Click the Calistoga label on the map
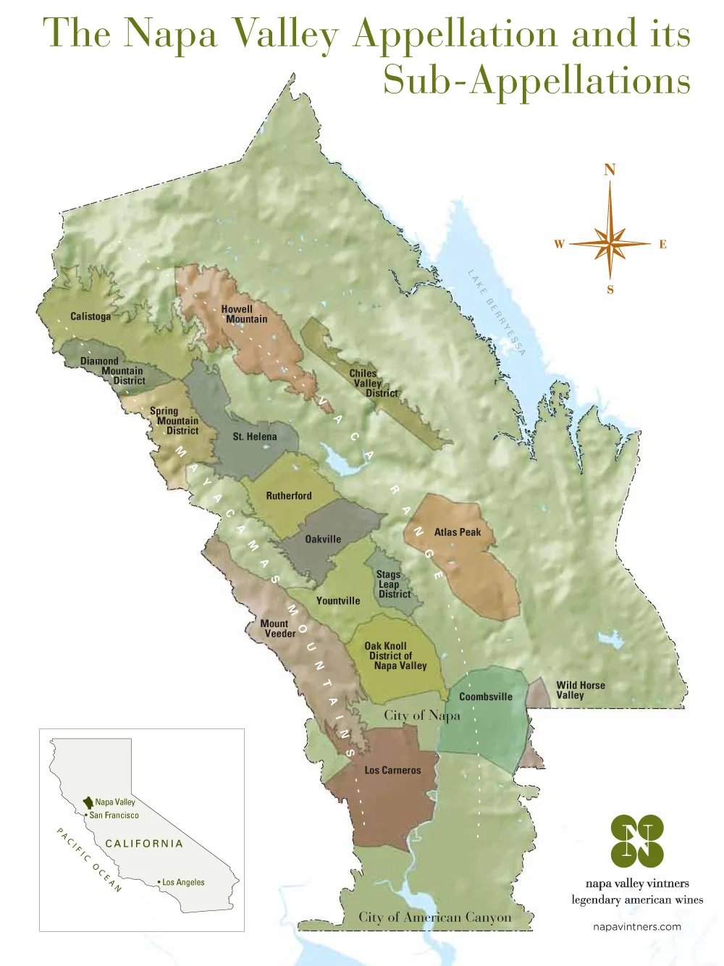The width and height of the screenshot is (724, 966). (90, 316)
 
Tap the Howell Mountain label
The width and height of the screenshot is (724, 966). (243, 314)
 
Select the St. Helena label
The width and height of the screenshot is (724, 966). (254, 437)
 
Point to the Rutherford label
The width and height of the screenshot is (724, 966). (288, 496)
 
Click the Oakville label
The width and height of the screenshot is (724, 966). (323, 539)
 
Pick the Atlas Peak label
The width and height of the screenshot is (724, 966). (457, 532)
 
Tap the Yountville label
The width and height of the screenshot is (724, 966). (337, 601)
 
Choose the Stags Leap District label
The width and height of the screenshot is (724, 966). (393, 584)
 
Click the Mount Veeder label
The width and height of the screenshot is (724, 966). (277, 629)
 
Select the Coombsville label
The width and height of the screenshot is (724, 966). (485, 697)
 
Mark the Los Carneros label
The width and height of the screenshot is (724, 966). (392, 770)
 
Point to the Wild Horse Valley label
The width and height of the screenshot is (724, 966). (579, 690)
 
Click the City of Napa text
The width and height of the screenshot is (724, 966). (421, 715)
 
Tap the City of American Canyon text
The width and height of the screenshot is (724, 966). (434, 917)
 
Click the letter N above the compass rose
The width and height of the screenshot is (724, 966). (610, 170)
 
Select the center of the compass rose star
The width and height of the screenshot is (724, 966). (610, 244)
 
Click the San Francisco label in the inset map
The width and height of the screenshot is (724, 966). (114, 815)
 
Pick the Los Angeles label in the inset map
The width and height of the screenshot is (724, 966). (182, 883)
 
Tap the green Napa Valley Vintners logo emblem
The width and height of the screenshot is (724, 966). (637, 841)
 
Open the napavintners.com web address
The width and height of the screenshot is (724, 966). (637, 927)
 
